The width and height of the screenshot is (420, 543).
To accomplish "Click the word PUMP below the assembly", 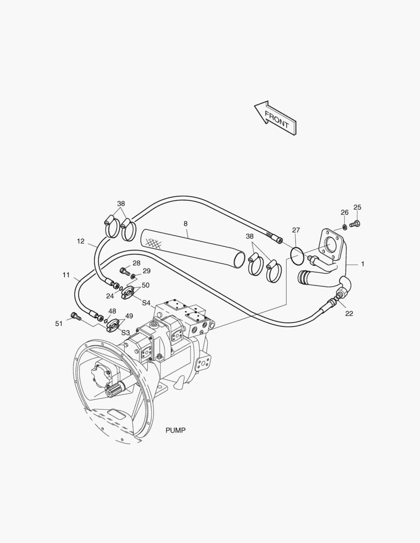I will click(x=176, y=430).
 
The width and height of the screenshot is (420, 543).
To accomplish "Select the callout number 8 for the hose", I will click(x=186, y=223).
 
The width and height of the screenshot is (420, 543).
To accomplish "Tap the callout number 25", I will click(x=357, y=207).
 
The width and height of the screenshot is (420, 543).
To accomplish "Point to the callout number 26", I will click(x=345, y=213).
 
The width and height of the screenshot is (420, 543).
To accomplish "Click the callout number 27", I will click(x=296, y=230).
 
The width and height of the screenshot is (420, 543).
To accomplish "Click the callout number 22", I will click(x=349, y=313).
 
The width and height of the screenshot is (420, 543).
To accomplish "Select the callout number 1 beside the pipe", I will click(x=363, y=264).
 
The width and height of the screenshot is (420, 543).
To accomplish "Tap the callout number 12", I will click(x=81, y=241).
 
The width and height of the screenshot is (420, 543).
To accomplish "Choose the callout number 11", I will click(x=66, y=275).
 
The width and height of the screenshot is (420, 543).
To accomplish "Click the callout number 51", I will click(x=59, y=323).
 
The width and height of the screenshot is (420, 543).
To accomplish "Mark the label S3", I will click(x=125, y=332).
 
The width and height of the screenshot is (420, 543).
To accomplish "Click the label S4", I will click(x=146, y=302).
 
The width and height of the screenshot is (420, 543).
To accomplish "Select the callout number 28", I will click(x=136, y=263).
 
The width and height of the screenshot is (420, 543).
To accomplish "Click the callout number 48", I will click(x=112, y=311).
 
